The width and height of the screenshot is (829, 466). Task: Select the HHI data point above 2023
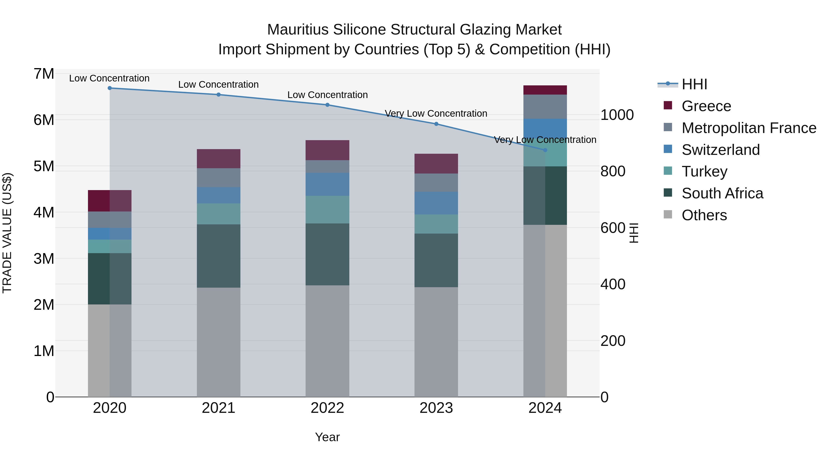tap(436, 124)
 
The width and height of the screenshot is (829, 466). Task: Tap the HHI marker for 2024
tap(545, 150)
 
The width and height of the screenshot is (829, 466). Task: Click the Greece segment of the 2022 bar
tap(327, 150)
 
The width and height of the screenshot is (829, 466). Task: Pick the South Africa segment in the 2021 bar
tap(219, 256)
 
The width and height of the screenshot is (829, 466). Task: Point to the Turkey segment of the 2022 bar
tap(327, 209)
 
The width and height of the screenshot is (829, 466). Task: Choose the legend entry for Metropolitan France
tap(749, 128)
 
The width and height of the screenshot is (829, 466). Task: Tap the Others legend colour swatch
tap(668, 214)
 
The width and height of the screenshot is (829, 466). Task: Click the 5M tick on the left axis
tap(44, 166)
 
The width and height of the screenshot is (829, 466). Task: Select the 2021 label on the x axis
tap(219, 408)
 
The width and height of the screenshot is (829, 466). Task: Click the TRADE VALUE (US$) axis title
tap(7, 233)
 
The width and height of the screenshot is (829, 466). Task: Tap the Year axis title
tap(327, 437)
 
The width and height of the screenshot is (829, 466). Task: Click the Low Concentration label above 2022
tap(327, 95)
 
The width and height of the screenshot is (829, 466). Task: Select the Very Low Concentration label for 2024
tap(545, 140)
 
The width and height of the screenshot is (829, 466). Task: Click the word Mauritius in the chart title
tap(298, 30)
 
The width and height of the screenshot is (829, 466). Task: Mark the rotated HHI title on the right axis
tap(633, 233)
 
